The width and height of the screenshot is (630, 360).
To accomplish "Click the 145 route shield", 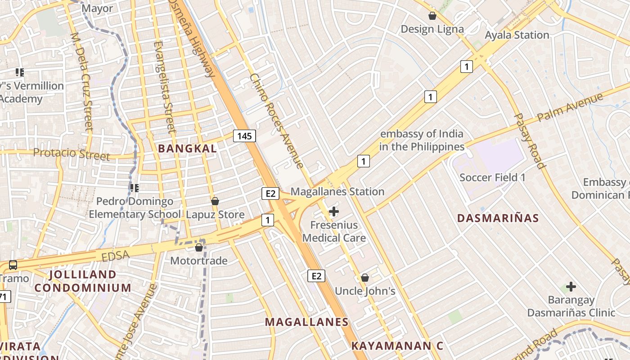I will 245,136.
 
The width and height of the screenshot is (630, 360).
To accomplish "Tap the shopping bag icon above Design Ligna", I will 432,16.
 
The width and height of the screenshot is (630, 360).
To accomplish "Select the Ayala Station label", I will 517,35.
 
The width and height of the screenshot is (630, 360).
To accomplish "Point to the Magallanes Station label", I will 337,192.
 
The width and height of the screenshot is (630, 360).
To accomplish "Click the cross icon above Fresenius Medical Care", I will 334,211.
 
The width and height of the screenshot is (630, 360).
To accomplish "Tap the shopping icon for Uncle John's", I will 365,278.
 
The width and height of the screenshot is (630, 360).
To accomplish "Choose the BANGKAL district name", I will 187,148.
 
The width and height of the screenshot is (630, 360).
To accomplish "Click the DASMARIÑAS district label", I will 498,218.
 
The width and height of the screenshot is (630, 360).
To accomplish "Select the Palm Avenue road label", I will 570,108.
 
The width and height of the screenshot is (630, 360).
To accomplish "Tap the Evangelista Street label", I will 164,87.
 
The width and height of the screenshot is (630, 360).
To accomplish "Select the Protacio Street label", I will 72,154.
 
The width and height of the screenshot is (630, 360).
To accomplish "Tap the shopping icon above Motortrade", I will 199,247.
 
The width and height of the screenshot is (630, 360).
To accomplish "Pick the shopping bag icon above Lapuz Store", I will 215,201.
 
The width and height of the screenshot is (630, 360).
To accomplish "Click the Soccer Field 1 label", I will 492,178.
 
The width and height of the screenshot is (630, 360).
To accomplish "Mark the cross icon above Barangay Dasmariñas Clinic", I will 571,287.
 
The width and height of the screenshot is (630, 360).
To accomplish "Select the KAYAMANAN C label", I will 397,346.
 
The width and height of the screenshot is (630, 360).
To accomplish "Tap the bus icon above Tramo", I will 13,265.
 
